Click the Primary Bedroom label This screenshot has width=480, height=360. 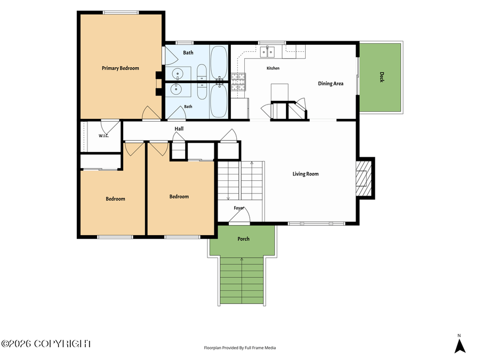click(121, 68)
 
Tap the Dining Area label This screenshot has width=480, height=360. click(331, 84)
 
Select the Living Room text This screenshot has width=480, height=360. click(306, 174)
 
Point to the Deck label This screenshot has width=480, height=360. click(381, 77)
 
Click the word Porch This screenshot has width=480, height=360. click(243, 239)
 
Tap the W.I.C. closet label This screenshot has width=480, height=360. click(103, 136)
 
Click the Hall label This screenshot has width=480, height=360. click(179, 129)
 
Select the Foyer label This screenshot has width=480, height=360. click(239, 208)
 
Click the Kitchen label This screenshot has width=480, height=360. click(273, 68)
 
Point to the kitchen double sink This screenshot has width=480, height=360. click(268, 52)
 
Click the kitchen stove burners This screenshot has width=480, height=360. click(238, 82)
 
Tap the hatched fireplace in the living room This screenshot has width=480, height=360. click(364, 178)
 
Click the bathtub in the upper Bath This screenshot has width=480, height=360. click(219, 63)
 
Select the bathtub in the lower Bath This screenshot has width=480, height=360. click(219, 101)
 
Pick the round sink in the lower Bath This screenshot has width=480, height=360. click(177, 90)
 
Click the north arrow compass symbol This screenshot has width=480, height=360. click(460, 346)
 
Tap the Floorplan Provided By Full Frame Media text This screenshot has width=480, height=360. click(240, 348)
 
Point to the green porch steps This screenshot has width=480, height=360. click(242, 281)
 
